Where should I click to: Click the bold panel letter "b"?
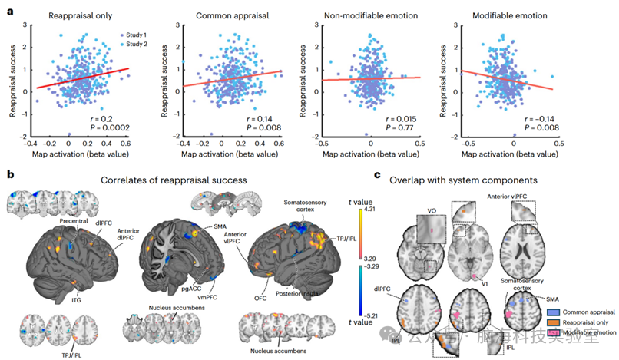(x=9, y=176)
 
